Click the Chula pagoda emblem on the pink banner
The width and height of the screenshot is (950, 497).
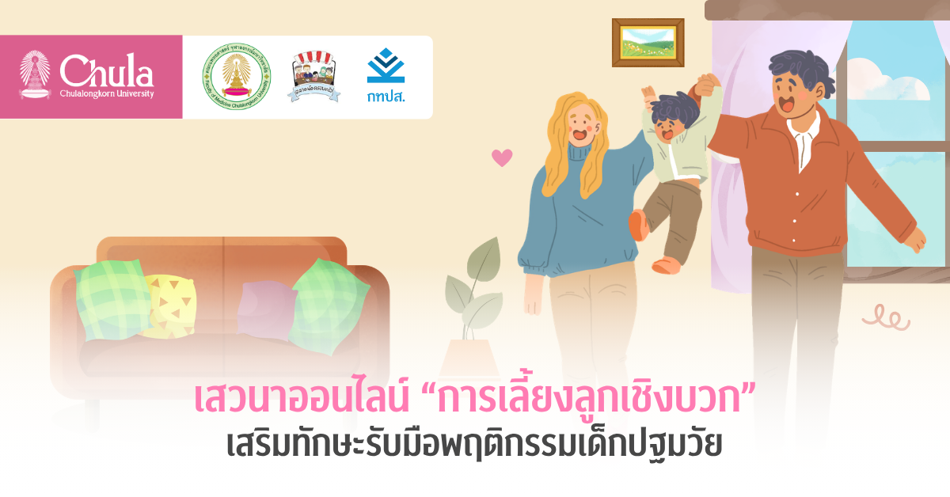pyautogui.click(x=35, y=76)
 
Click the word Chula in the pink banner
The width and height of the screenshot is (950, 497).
pyautogui.click(x=106, y=72)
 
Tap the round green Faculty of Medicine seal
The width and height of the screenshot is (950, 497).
pyautogui.click(x=235, y=77)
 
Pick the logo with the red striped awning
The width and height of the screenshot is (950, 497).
pyautogui.click(x=314, y=76)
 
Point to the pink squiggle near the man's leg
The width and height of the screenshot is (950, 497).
pyautogui.click(x=885, y=318)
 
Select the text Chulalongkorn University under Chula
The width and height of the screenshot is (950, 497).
pyautogui.click(x=107, y=94)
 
